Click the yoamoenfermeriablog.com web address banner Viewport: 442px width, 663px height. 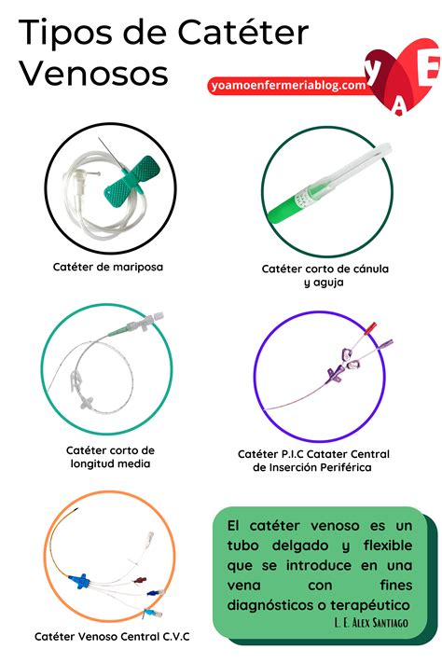click(x=288, y=85)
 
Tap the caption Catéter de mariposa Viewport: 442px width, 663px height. click(x=108, y=267)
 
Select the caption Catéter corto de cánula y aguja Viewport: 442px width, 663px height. click(x=325, y=275)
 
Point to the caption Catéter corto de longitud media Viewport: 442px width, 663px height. click(x=113, y=456)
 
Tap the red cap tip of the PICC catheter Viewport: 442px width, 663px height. click(x=373, y=327)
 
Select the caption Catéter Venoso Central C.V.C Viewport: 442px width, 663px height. click(x=112, y=636)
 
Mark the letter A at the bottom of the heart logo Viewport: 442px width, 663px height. click(x=399, y=109)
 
